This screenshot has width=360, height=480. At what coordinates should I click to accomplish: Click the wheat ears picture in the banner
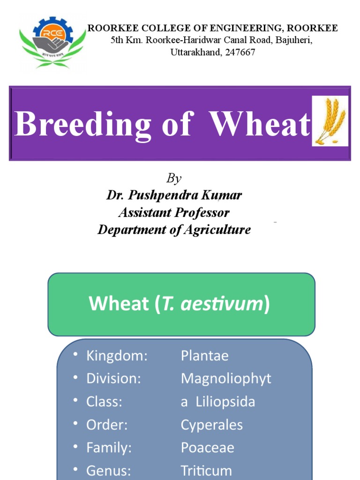[330, 121]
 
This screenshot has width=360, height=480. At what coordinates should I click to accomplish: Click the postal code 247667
[240, 52]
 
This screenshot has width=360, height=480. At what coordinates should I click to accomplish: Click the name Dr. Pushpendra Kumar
[174, 195]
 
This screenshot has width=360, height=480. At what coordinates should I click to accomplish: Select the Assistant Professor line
[174, 212]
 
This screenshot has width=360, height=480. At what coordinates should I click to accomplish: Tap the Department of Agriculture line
[174, 230]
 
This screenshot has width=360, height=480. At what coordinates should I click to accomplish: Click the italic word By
[174, 179]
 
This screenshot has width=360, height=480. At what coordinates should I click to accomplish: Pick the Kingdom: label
[117, 356]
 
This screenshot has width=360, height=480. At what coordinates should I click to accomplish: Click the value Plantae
[205, 356]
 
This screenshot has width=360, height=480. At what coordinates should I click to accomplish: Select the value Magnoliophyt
[226, 379]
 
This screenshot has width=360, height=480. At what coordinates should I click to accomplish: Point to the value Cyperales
[212, 425]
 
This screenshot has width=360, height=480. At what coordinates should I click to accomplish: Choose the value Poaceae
[208, 448]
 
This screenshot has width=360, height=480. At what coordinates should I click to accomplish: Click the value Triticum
[206, 470]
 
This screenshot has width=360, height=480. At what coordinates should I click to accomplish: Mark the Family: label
[109, 448]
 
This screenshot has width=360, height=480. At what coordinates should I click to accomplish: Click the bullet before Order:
[75, 424]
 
